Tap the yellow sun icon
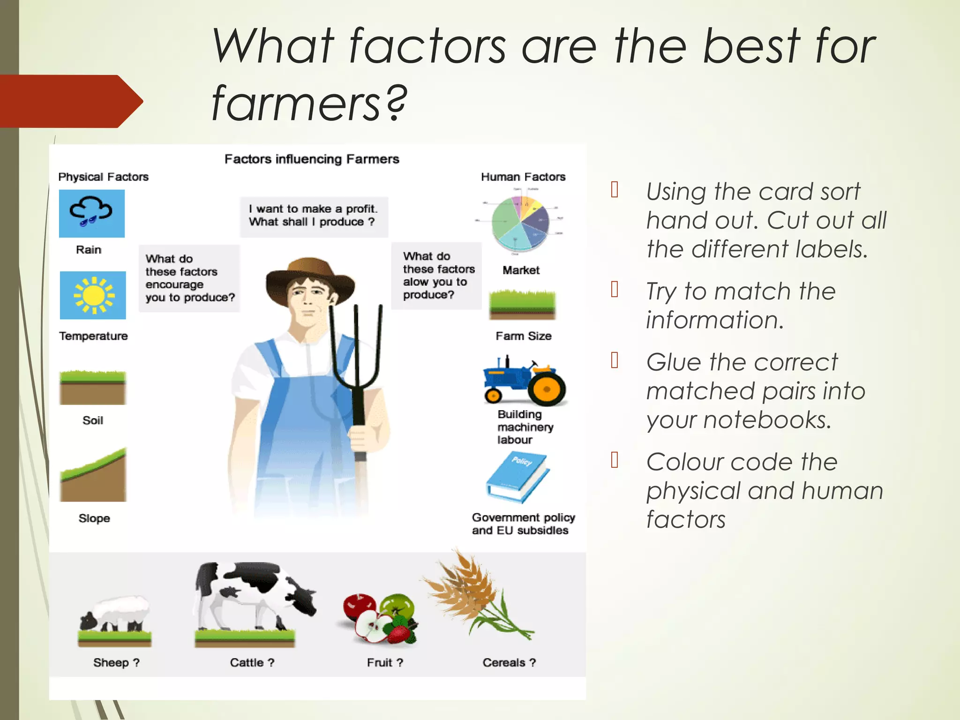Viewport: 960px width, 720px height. pyautogui.click(x=93, y=295)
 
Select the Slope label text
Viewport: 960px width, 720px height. pyautogui.click(x=94, y=518)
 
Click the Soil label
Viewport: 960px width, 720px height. pyautogui.click(x=93, y=420)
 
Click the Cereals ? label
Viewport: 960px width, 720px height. pyautogui.click(x=509, y=662)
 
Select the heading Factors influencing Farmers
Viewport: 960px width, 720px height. pyautogui.click(x=312, y=159)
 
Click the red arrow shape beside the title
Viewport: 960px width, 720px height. pyautogui.click(x=70, y=101)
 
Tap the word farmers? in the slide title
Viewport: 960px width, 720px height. pyautogui.click(x=309, y=103)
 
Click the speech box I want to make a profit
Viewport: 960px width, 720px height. pyautogui.click(x=313, y=216)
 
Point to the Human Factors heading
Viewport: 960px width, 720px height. pyautogui.click(x=523, y=177)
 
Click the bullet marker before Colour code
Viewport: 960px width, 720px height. pyautogui.click(x=615, y=460)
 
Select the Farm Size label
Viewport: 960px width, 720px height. pyautogui.click(x=524, y=336)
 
